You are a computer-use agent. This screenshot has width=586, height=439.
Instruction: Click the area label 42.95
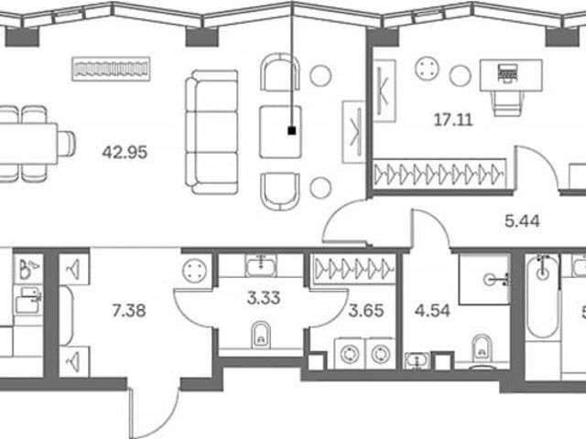click(125, 153)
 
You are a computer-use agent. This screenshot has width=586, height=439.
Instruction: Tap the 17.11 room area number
click(453, 120)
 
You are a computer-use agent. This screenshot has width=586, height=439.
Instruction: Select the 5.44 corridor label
click(522, 221)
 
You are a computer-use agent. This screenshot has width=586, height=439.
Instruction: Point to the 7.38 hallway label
click(129, 311)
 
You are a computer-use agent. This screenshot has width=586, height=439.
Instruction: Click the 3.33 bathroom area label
click(264, 298)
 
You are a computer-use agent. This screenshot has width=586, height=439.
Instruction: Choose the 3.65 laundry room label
click(366, 311)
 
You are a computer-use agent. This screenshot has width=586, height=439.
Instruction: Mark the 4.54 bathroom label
click(432, 311)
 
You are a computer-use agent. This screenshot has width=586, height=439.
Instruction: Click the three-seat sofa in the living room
click(212, 132)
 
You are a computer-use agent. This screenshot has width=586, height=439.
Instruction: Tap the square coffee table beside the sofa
click(280, 132)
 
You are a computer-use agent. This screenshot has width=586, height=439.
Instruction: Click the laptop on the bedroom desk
click(507, 71)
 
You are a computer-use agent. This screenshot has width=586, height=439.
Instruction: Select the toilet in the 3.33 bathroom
click(261, 335)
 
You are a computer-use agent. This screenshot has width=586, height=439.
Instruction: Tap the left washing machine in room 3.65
click(350, 354)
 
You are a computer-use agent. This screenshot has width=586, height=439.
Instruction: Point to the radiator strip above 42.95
click(111, 70)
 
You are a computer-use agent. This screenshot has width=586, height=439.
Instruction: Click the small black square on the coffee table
click(292, 131)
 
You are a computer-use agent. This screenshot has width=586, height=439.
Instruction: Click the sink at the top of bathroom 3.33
click(261, 264)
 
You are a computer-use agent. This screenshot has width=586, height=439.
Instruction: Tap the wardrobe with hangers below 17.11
click(439, 174)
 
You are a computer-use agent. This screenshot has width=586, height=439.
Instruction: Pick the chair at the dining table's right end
click(67, 144)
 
